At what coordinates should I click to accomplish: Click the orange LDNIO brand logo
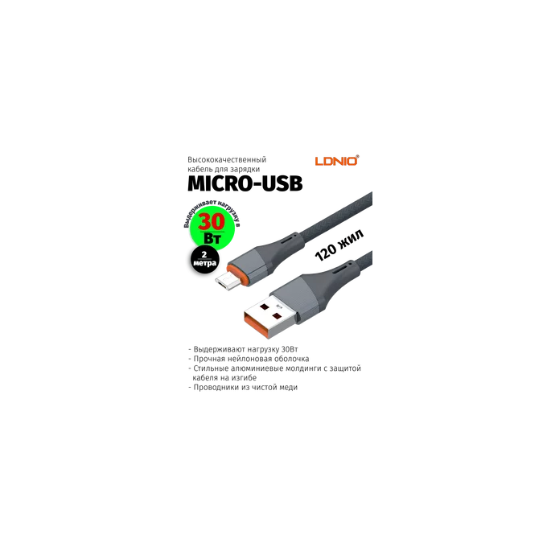[x=335, y=161]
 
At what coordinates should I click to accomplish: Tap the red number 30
[x=212, y=220]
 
